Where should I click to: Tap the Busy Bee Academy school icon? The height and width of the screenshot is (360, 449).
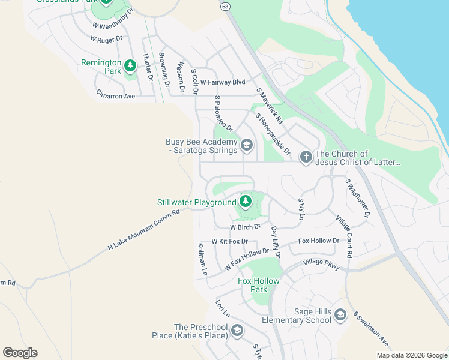246,145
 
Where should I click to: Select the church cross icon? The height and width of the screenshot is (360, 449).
306,157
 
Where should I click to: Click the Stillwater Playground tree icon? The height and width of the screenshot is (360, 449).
245,200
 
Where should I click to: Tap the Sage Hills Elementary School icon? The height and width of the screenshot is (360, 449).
340,314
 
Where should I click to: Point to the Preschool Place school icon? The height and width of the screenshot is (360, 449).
237,330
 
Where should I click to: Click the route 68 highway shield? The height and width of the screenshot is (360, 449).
224,6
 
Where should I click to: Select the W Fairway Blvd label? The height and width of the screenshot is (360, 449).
223,82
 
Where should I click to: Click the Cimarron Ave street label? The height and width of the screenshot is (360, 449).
115,95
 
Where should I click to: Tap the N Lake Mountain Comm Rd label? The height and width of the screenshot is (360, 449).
143,230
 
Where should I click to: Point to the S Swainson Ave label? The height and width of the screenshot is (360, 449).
371,329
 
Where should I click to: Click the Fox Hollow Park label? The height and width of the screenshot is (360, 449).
259,285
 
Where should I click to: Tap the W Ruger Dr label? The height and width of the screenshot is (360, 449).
106,38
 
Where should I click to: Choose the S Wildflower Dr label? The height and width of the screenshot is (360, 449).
358,197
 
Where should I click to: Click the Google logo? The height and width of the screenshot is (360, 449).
20,353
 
